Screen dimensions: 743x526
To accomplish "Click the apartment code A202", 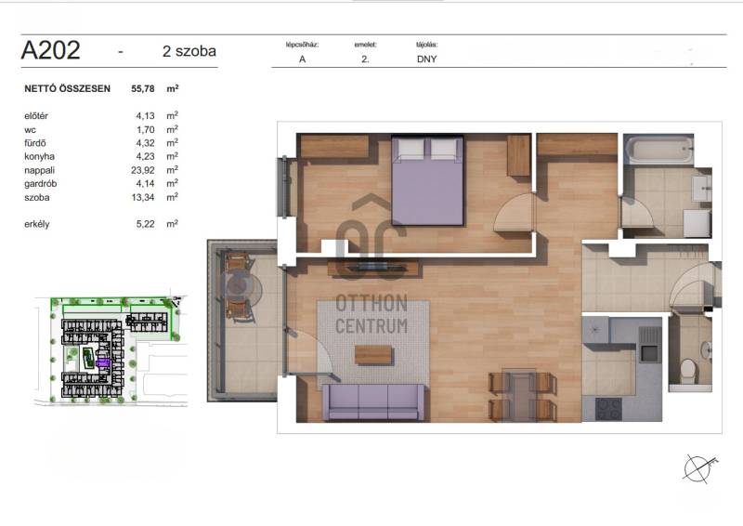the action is click(x=51, y=50).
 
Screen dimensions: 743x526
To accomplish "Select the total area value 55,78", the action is click(x=143, y=88).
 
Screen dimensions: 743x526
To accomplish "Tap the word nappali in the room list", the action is click(x=39, y=170).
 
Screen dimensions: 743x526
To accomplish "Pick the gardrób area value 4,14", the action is click(x=145, y=184).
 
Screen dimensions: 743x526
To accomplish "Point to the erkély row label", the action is click(x=37, y=224).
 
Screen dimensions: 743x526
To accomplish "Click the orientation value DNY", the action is click(x=426, y=59).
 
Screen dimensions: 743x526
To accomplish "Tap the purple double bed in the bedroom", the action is click(x=427, y=180).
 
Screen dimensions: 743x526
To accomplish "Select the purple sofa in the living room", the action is click(x=373, y=402).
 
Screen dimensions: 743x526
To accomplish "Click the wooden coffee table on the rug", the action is click(x=373, y=355).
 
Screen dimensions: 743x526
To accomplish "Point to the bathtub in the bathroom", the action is click(x=659, y=150).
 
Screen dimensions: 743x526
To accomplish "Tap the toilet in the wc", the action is click(x=687, y=372).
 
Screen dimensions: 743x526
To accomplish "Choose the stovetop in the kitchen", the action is click(x=609, y=409).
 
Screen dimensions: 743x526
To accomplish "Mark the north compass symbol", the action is click(x=699, y=468).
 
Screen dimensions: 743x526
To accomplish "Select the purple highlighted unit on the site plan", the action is click(x=103, y=362).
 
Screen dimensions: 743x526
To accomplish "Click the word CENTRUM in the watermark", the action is click(x=371, y=326).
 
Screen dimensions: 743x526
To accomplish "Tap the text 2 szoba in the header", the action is click(x=189, y=51).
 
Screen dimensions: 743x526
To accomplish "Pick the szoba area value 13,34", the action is click(x=143, y=197).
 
